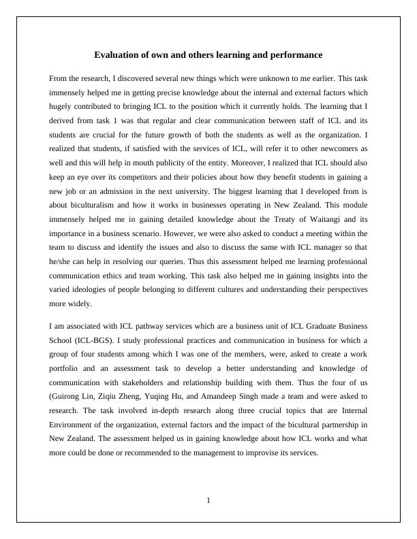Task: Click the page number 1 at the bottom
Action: pyautogui.click(x=208, y=501)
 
